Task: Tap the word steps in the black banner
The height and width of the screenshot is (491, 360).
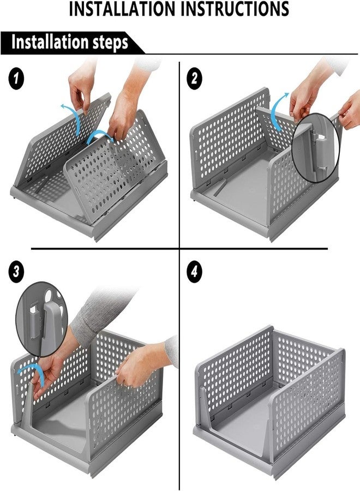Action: click(x=110, y=42)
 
